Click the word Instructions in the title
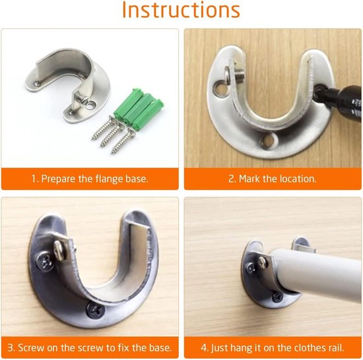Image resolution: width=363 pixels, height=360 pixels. click(x=181, y=10)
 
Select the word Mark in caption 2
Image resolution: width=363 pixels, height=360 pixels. click(x=249, y=179)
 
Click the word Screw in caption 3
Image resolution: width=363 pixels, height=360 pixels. click(x=31, y=347)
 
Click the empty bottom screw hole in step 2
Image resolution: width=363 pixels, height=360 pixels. click(x=269, y=140)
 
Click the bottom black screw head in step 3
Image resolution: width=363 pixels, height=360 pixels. click(x=96, y=310)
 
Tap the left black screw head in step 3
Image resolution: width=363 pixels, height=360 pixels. click(x=46, y=261)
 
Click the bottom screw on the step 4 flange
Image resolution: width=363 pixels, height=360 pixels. click(x=277, y=297)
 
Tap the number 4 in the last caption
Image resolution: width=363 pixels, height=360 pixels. click(x=204, y=347)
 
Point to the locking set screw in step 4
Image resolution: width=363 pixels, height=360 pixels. click(x=263, y=262)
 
